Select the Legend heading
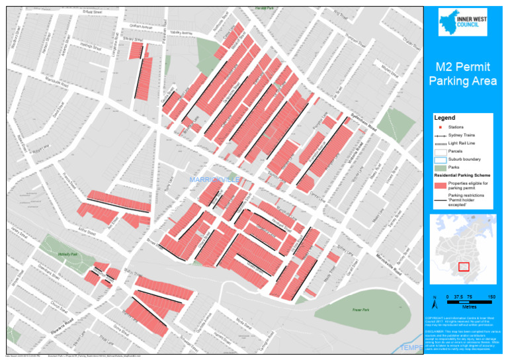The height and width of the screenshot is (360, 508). pyautogui.click(x=444, y=118)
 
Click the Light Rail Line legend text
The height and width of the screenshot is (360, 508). pyautogui.click(x=462, y=143)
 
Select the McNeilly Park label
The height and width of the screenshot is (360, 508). pyautogui.click(x=69, y=253)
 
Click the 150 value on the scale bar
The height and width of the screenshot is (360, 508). pyautogui.click(x=491, y=297)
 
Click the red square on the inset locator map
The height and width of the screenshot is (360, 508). pyautogui.click(x=464, y=266)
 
